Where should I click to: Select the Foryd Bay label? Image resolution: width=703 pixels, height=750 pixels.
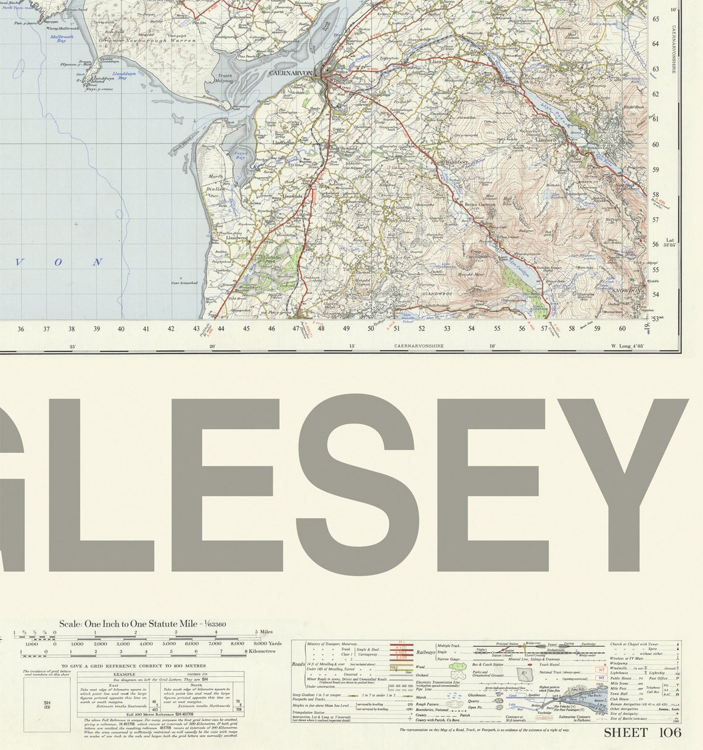click(x=241, y=154)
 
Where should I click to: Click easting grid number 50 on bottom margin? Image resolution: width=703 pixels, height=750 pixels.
click(x=371, y=329)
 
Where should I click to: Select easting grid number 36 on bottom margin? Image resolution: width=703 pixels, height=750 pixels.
click(x=21, y=329)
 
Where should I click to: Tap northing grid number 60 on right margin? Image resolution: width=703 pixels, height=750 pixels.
click(x=656, y=145)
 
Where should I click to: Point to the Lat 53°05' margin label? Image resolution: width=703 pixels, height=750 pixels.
click(x=670, y=242)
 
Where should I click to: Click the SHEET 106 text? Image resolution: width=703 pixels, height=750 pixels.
click(x=642, y=733)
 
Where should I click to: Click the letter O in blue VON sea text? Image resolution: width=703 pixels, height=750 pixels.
click(x=58, y=262)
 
